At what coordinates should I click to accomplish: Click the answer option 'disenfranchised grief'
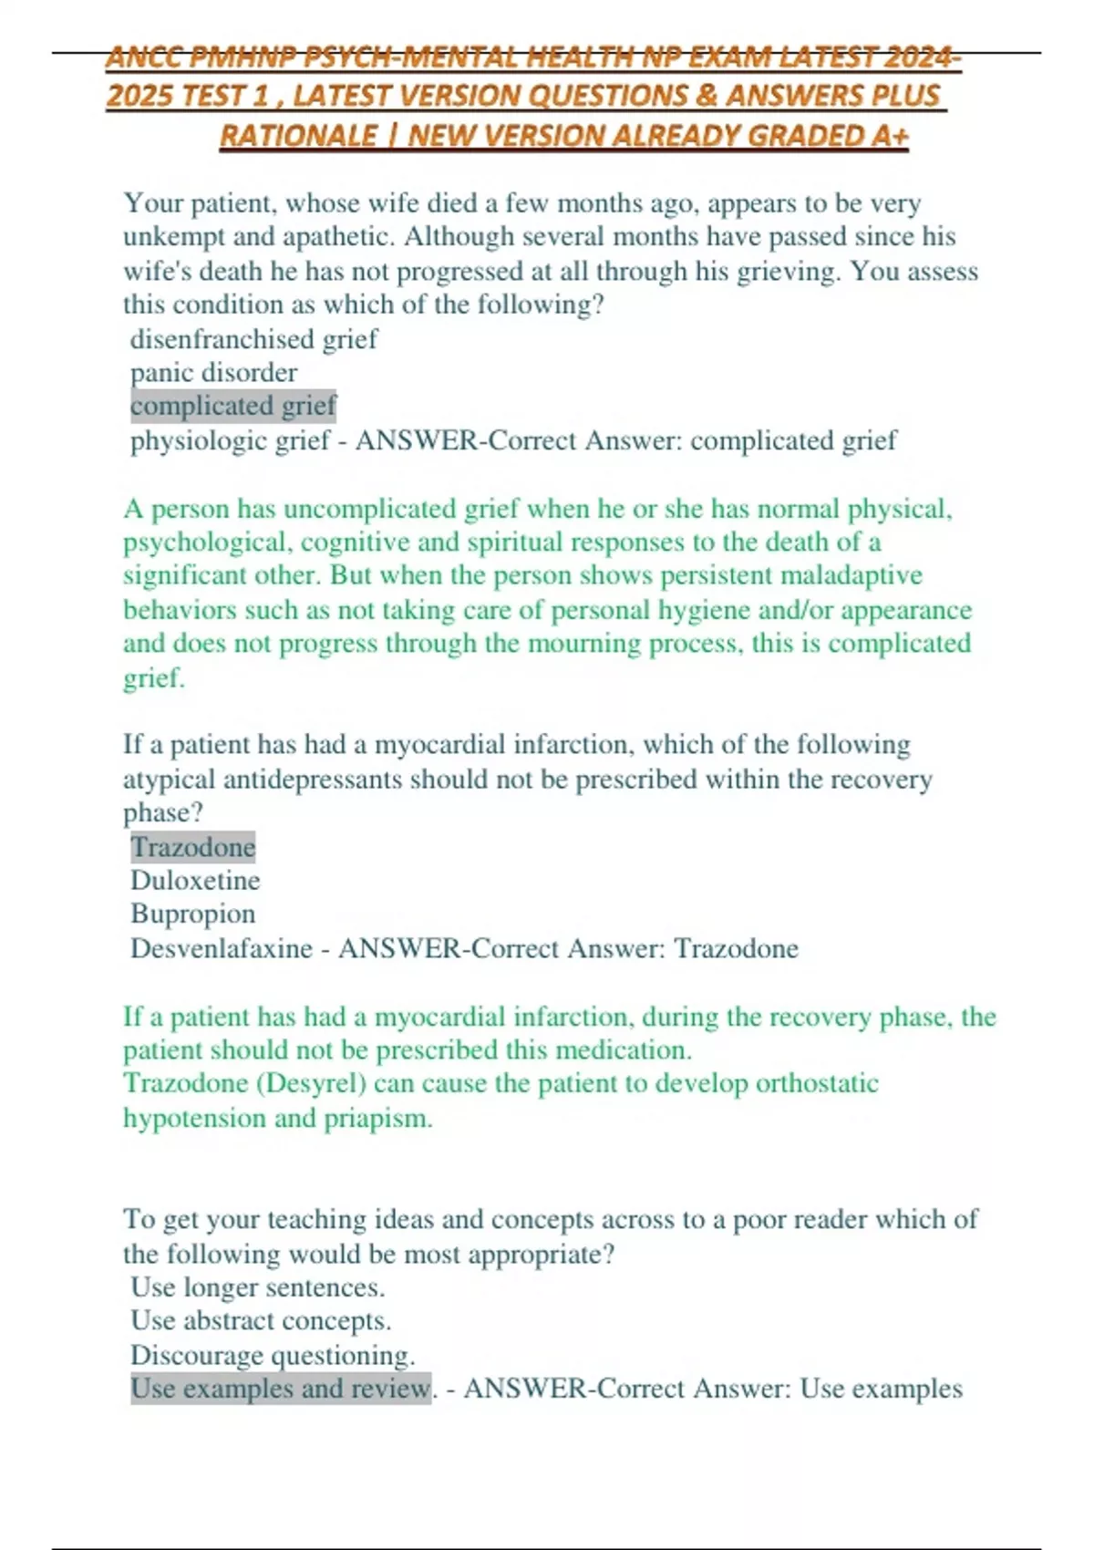pos(253,339)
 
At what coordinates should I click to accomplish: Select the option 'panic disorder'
pos(213,373)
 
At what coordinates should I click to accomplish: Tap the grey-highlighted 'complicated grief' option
pos(233,406)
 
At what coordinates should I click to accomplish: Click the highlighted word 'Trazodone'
pos(192,847)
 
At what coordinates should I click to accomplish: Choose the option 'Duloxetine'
pos(195,881)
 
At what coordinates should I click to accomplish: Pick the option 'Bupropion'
pos(192,914)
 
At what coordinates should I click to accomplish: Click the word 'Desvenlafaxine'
pos(222,949)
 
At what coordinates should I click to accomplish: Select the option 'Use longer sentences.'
pos(257,1287)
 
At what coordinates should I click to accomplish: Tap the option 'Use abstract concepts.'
pos(261,1321)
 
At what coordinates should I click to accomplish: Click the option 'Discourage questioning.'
pos(273,1356)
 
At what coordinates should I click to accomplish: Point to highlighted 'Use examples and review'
pos(280,1389)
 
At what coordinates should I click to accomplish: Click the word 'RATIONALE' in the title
pos(298,136)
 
